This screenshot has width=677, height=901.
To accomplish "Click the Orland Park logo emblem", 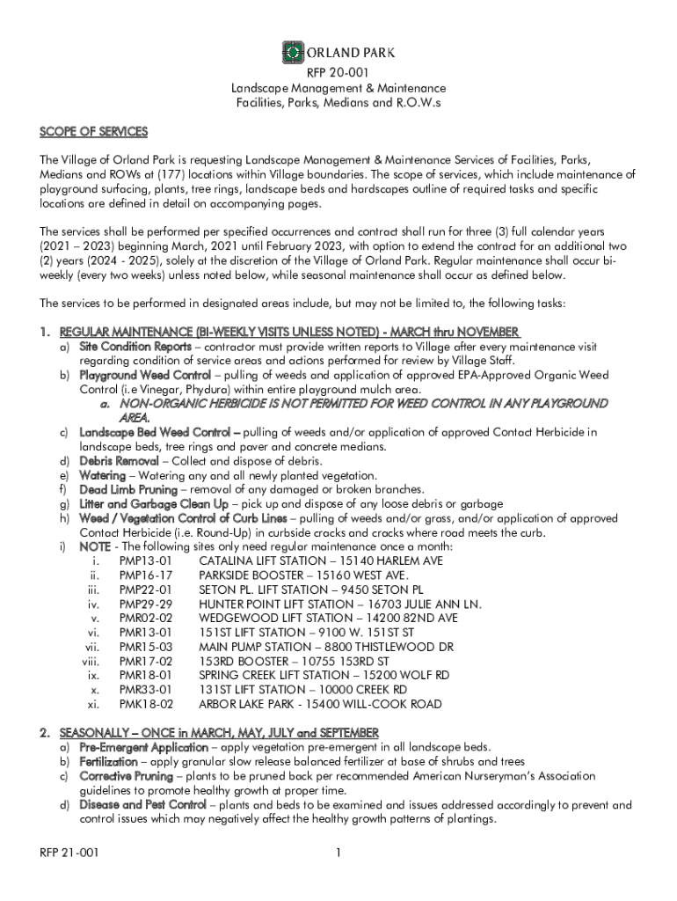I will pyautogui.click(x=292, y=54).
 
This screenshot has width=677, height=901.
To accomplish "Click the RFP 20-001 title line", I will pyautogui.click(x=338, y=74).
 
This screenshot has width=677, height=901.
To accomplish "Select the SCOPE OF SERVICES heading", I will pyautogui.click(x=93, y=132).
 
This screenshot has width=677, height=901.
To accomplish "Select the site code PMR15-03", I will pyautogui.click(x=146, y=647).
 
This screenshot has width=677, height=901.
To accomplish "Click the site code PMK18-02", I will pyautogui.click(x=146, y=705).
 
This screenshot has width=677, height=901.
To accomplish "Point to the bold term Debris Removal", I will pyautogui.click(x=119, y=461).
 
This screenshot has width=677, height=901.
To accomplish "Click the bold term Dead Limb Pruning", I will pyautogui.click(x=128, y=489).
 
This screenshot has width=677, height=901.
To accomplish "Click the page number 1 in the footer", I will pyautogui.click(x=338, y=853).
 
